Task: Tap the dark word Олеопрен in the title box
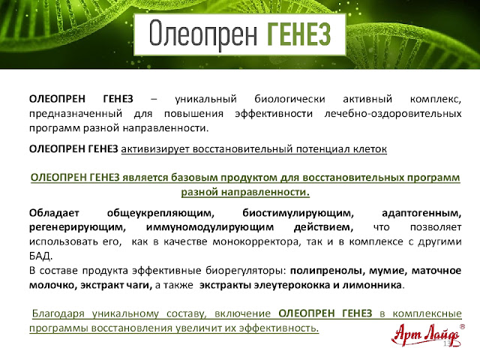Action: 203,34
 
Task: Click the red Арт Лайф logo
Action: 426,335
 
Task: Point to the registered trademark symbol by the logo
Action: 462,327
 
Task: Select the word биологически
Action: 289,99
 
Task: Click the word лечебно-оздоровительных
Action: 393,114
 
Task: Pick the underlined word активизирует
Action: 155,149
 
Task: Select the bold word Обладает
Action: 54,213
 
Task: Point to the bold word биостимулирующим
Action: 298,213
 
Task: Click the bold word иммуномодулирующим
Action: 210,227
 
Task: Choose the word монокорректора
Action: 255,241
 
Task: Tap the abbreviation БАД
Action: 40,256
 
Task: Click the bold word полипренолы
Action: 327,271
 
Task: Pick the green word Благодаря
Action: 58,313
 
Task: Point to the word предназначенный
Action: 76,114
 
